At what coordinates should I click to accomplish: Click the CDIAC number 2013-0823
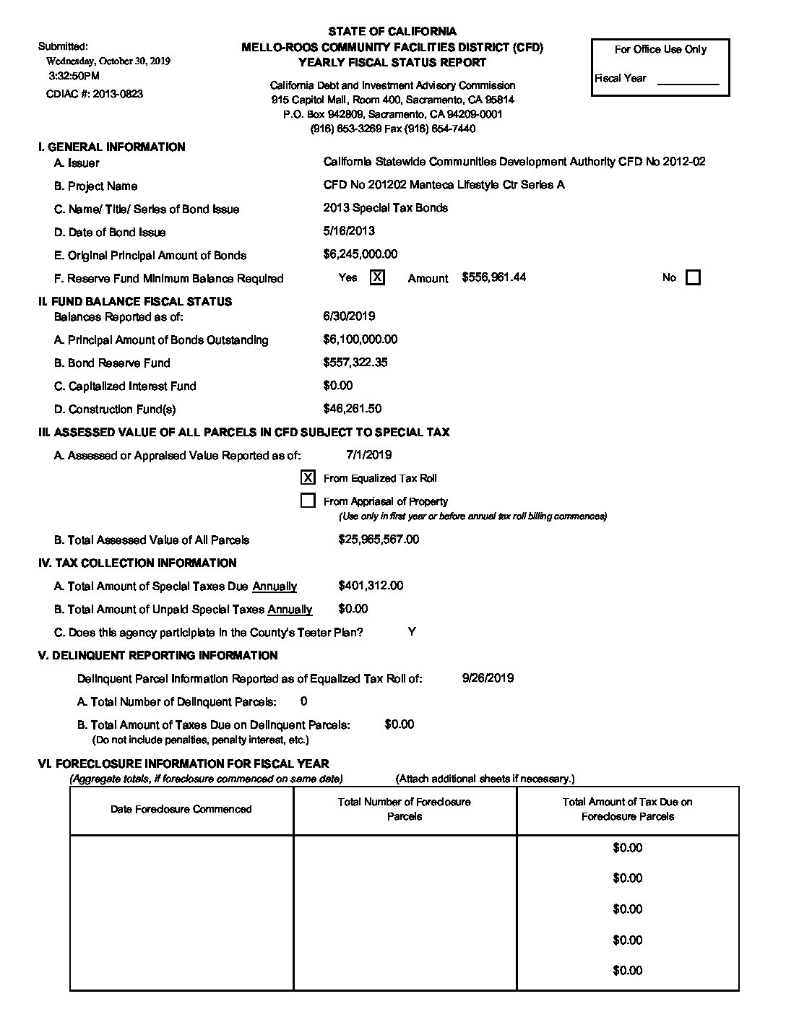tap(116, 94)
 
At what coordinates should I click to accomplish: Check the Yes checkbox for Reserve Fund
tap(377, 277)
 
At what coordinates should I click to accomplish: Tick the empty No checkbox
tap(692, 277)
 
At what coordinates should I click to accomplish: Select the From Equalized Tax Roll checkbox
tap(308, 477)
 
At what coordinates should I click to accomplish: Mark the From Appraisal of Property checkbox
tap(308, 501)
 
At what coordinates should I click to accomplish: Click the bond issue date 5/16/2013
tap(349, 231)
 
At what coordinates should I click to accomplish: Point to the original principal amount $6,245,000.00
tap(360, 254)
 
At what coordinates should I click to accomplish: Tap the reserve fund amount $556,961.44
tap(493, 277)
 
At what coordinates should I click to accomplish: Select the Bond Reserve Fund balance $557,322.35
tap(355, 363)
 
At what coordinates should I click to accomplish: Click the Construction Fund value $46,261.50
tap(353, 409)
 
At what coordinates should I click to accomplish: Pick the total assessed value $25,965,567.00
tap(379, 540)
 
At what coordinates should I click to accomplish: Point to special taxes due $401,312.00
tap(371, 586)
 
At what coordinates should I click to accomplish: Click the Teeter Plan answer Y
tap(412, 632)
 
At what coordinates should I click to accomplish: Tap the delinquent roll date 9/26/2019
tap(488, 678)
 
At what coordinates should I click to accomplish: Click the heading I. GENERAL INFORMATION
tap(111, 147)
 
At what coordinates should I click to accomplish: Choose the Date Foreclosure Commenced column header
tap(181, 809)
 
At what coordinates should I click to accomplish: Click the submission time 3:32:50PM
tap(74, 76)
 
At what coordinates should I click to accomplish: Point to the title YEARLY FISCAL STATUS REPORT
tap(392, 62)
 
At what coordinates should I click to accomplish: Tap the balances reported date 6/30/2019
tap(349, 316)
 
